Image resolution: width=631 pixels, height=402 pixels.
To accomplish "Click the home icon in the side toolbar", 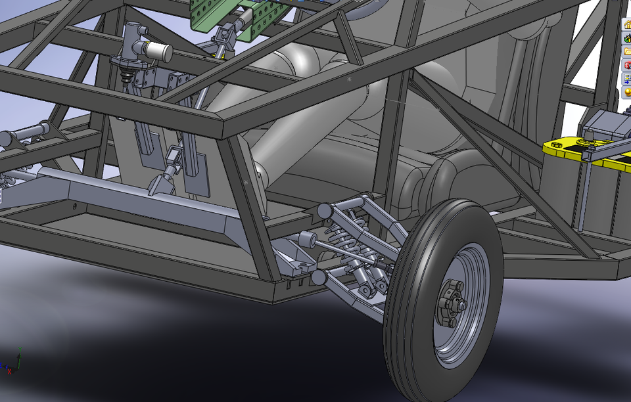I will click(x=626, y=26).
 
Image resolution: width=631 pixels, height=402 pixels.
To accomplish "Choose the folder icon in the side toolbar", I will click(x=626, y=52).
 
